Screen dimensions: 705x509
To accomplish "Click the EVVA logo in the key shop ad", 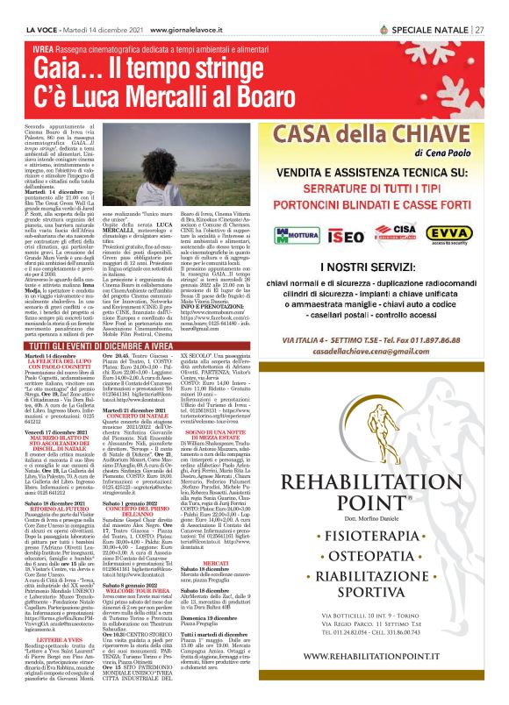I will pos(455,232).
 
